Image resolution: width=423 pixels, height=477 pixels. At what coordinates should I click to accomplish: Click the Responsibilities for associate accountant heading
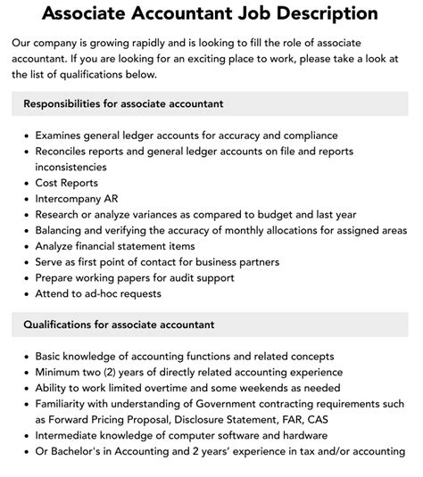(123, 103)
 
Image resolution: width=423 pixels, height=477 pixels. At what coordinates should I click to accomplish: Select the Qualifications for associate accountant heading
(119, 325)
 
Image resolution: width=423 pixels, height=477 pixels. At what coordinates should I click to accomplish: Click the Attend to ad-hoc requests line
(98, 293)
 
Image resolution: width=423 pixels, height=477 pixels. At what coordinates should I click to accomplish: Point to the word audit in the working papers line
(189, 278)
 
